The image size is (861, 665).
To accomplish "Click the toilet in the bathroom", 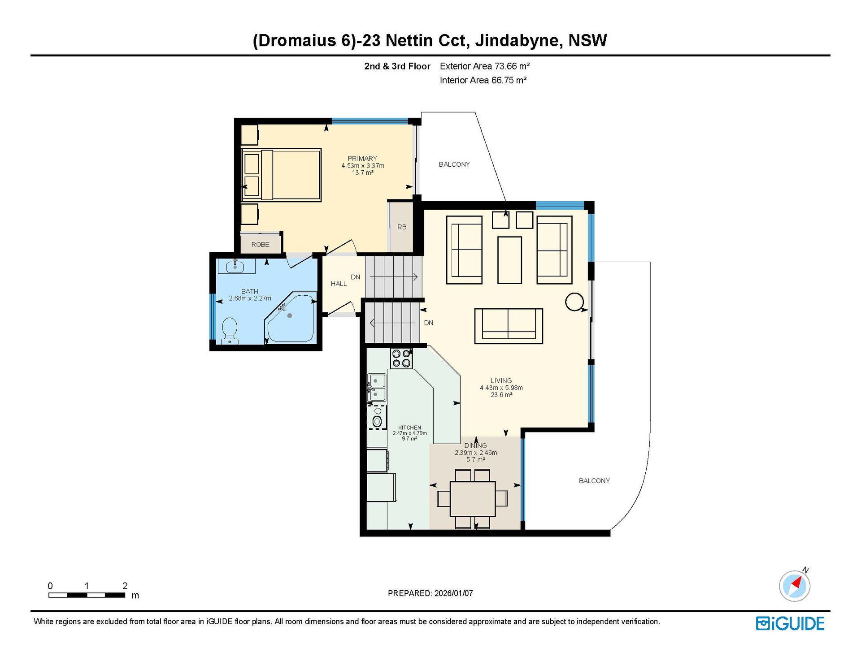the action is click(x=230, y=331).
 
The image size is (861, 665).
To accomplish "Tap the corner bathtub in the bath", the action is click(x=291, y=317).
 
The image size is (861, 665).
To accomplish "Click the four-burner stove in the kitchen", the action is click(x=401, y=358).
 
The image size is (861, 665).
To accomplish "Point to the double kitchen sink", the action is click(x=377, y=388).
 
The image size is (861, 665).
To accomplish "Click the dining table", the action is click(x=473, y=499).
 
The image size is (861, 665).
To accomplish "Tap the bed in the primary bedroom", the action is click(x=281, y=175).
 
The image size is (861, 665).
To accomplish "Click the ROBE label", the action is click(x=261, y=245).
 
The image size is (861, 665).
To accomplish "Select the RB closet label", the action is click(x=402, y=227).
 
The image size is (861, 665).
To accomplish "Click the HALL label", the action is click(x=339, y=284).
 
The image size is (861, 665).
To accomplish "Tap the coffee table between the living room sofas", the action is click(x=509, y=260).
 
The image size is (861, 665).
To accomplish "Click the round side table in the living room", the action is click(x=574, y=302).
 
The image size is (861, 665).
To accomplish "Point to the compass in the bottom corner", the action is click(x=795, y=585).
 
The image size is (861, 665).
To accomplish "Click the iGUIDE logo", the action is click(x=790, y=623).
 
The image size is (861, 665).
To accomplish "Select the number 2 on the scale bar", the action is click(x=125, y=586).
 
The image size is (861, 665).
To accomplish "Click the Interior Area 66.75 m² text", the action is click(x=483, y=80).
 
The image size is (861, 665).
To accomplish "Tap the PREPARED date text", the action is click(x=430, y=593).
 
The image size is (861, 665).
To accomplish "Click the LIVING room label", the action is click(x=501, y=380).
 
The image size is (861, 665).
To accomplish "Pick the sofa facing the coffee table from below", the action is click(x=509, y=326).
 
